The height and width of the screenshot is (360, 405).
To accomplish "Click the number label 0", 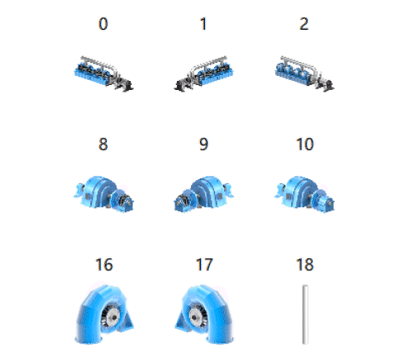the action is click(103, 24).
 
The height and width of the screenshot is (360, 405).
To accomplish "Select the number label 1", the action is click(203, 24).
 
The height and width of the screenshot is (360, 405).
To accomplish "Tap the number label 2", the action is click(304, 24).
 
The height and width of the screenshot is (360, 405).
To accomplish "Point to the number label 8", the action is click(103, 144).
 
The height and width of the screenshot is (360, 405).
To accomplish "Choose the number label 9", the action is click(203, 144).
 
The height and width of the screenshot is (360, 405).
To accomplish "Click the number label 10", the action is click(305, 144).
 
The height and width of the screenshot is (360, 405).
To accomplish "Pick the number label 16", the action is click(104, 264).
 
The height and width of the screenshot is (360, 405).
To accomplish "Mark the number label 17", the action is click(204, 264).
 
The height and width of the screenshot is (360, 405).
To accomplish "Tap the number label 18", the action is click(305, 264).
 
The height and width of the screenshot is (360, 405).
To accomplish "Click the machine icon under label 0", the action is click(103, 73).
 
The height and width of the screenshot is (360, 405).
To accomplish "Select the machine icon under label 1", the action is click(203, 73).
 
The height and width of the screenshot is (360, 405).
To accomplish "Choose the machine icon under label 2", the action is click(304, 73).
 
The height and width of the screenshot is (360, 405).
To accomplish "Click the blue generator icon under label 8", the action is click(103, 194).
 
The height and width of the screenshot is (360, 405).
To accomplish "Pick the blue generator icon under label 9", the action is click(203, 194).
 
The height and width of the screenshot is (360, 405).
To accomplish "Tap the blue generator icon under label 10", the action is click(304, 194).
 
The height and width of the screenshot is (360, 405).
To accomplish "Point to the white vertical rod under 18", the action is click(305, 315).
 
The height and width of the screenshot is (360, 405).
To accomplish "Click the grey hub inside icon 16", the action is click(113, 317).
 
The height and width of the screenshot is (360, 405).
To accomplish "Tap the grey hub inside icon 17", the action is click(195, 317).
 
